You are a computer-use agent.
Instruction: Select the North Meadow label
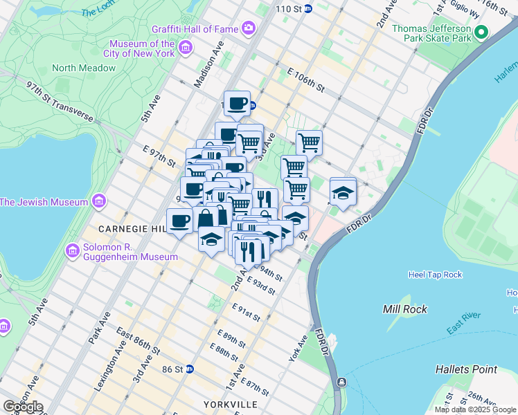click(x=84, y=68)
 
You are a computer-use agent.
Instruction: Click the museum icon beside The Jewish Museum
click(x=98, y=202)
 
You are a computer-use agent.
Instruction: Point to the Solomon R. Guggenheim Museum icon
click(x=71, y=250)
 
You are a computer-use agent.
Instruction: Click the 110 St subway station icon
click(x=309, y=9)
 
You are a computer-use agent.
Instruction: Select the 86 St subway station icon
click(x=188, y=369)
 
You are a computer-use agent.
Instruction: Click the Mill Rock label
click(x=405, y=309)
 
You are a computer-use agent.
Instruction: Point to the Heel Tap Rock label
click(x=435, y=275)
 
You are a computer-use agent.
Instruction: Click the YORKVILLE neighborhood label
click(x=231, y=404)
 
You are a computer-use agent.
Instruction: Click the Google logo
click(x=22, y=406)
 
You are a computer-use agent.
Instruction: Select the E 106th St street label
click(x=305, y=80)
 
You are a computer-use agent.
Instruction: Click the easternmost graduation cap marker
click(x=343, y=193)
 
